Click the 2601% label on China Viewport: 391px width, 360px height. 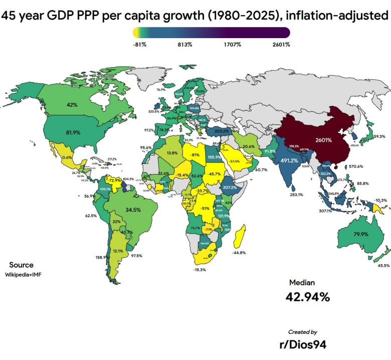coord(324,140)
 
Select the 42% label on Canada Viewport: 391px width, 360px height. coord(72,105)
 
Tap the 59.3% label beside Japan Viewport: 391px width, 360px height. coord(379,136)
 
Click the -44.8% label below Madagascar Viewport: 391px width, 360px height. coord(239,253)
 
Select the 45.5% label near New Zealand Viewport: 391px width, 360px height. coord(383,265)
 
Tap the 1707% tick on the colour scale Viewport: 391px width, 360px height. coord(233,45)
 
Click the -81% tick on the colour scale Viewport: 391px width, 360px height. coord(139,45)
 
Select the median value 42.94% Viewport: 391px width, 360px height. coord(308,296)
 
